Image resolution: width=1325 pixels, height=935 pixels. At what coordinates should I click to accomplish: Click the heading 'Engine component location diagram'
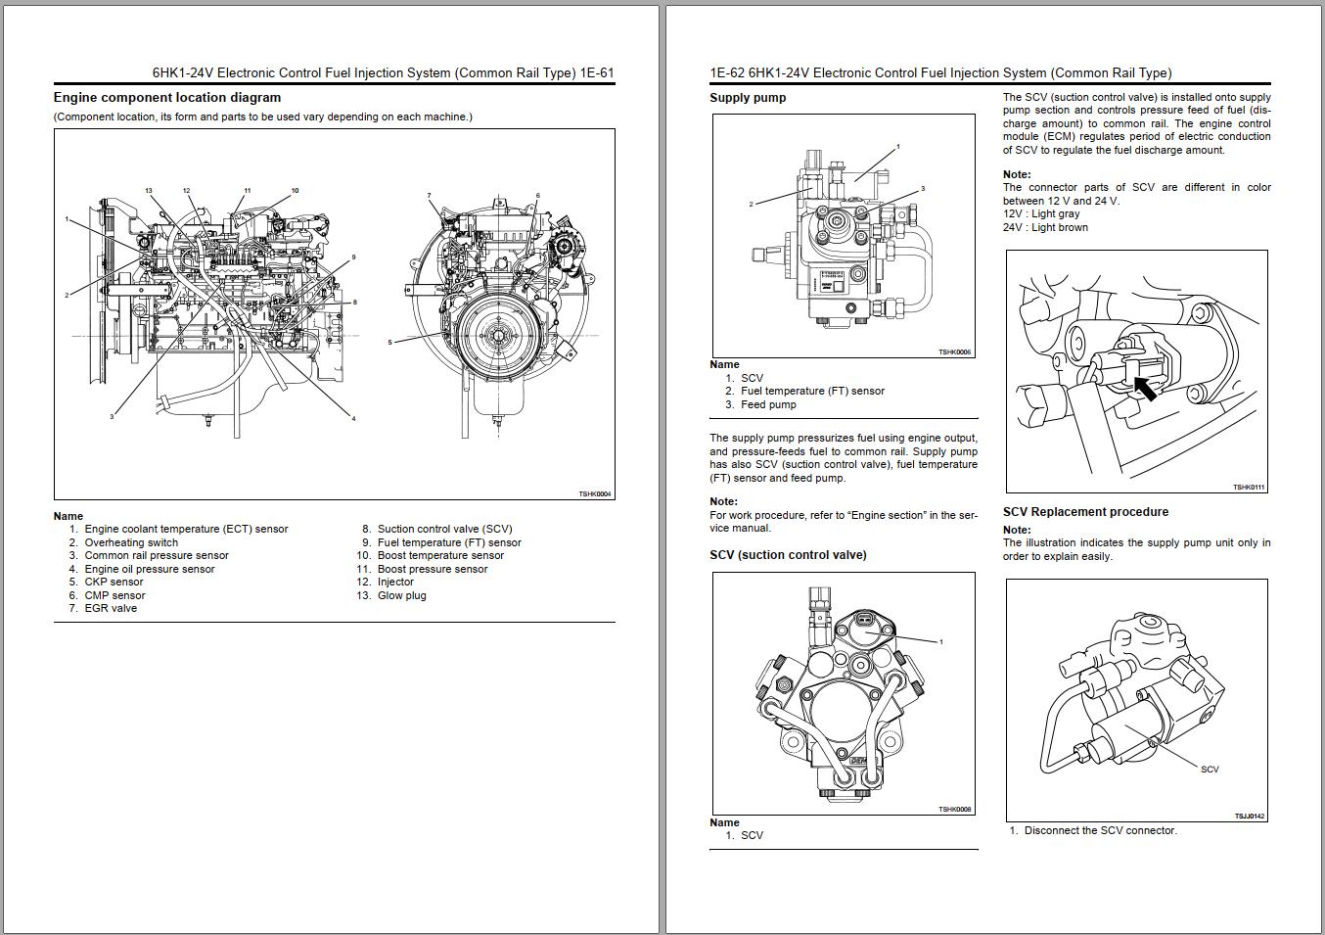tap(166, 98)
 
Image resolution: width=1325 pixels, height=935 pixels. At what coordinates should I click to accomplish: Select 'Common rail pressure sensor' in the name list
tap(156, 555)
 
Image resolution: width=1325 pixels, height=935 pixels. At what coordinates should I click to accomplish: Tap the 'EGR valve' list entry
tap(111, 608)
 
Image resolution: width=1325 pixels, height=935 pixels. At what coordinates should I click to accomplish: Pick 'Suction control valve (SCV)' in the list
tap(444, 529)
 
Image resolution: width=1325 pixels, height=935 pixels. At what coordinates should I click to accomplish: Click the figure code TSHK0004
tap(594, 494)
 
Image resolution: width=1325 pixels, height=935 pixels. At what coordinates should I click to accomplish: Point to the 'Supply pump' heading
tap(748, 98)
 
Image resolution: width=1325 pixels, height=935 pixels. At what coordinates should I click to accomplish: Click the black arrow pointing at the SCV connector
tap(1144, 390)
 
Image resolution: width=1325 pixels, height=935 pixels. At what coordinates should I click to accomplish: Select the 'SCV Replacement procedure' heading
tap(1085, 512)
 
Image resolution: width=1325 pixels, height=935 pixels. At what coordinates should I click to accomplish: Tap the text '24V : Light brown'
tap(1045, 227)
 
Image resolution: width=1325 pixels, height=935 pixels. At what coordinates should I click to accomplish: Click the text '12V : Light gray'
tap(1041, 213)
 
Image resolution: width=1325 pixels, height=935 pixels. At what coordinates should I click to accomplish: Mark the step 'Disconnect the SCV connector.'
tap(1100, 830)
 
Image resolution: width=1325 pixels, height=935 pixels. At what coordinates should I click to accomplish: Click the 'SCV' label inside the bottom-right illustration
tap(1210, 770)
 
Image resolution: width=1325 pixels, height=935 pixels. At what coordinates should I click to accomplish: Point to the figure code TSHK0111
tap(1249, 487)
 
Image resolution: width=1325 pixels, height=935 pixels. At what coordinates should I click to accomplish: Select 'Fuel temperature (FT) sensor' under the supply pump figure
tap(812, 391)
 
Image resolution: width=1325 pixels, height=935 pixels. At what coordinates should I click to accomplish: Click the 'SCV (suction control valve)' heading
tap(788, 555)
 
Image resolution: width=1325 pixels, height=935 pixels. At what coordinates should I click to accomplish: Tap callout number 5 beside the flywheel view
tap(389, 342)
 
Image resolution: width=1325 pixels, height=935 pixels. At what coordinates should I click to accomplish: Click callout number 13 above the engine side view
tap(149, 191)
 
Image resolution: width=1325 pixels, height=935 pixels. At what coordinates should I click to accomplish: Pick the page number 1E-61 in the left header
tap(597, 72)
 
